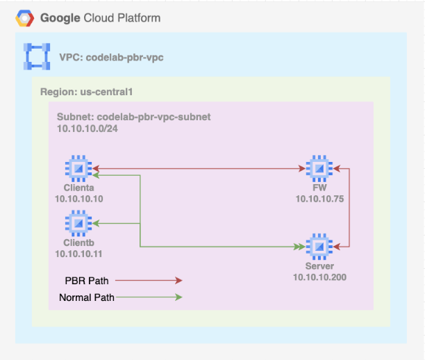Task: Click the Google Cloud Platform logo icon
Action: tap(26, 17)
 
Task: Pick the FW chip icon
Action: tap(319, 168)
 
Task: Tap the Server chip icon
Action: tap(319, 246)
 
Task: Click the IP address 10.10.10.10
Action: tap(78, 199)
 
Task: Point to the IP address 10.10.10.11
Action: tap(78, 254)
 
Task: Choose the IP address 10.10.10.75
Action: tap(319, 199)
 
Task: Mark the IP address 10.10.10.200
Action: tap(319, 277)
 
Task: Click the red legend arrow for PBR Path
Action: tap(149, 281)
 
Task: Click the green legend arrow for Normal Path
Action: tap(149, 297)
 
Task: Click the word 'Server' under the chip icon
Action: tap(319, 266)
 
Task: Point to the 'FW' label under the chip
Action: tap(319, 188)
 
